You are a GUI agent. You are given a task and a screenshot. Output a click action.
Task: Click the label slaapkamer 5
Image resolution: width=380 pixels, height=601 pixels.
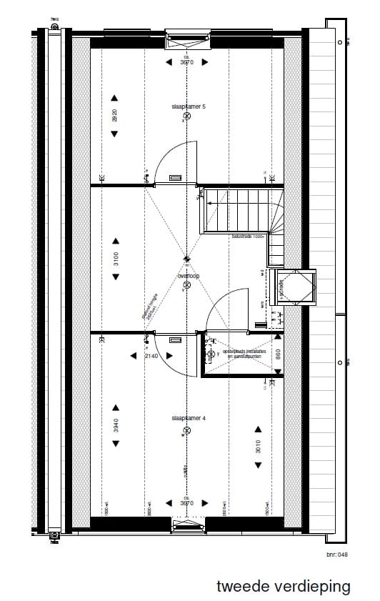click(x=189, y=106)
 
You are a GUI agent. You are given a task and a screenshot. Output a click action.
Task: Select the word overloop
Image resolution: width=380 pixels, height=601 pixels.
click(x=188, y=275)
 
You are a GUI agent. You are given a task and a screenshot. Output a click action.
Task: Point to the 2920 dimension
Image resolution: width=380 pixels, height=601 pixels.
click(x=115, y=116)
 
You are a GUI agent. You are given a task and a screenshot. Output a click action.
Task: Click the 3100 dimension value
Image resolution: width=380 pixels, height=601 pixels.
click(x=115, y=259)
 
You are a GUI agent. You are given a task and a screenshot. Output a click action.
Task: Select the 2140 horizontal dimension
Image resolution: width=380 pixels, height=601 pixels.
click(x=151, y=355)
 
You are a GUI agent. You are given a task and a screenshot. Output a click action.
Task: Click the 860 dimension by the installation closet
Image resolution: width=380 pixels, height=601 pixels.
click(x=277, y=352)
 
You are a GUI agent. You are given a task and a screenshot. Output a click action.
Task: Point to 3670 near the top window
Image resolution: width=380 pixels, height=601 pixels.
click(x=187, y=62)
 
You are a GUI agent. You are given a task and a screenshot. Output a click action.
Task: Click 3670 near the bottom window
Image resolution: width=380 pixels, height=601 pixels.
click(x=187, y=503)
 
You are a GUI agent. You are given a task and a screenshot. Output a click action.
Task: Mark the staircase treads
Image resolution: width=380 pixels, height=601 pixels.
click(x=236, y=211)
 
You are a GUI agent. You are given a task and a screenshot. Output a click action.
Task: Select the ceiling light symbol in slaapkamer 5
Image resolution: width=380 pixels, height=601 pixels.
click(x=187, y=116)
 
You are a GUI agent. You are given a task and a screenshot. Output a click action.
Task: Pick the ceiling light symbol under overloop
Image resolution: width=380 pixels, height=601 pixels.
click(x=187, y=284)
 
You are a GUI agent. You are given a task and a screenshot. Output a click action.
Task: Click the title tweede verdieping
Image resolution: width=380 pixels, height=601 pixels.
click(x=284, y=587)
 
